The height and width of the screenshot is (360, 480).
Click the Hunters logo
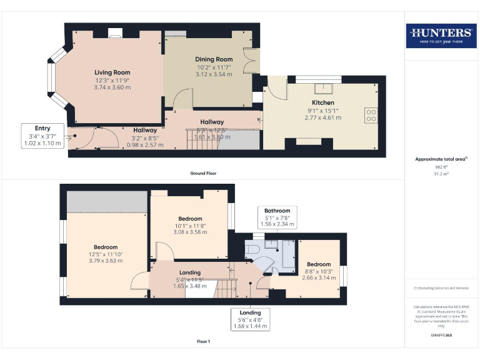coord(440,36)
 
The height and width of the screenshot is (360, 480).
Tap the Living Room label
coord(112,72)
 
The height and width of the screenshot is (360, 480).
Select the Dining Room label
coord(214,59)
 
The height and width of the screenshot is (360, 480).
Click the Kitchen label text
coord(323,102)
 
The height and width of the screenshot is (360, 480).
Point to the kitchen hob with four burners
coord(371,115)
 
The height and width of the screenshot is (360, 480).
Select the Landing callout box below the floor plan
coord(249,319)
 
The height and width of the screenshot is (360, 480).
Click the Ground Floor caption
coord(203,173)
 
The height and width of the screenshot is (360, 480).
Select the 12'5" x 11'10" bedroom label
coord(106,247)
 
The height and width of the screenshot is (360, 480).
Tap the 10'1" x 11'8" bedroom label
coord(189,218)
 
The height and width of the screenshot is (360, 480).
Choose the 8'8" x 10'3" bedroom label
coord(319,264)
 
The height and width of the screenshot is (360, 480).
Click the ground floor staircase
coord(201,139)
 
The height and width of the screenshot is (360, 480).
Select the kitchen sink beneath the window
coord(322,88)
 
